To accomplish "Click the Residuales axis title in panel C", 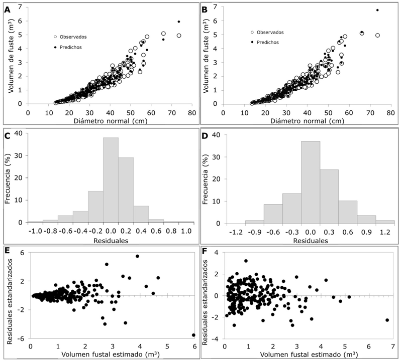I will click(x=111, y=241).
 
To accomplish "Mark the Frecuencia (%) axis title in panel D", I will click(x=208, y=178).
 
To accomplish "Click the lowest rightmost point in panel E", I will click(x=193, y=335).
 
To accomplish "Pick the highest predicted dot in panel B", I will click(x=377, y=10).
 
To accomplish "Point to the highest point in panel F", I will click(x=246, y=261).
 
